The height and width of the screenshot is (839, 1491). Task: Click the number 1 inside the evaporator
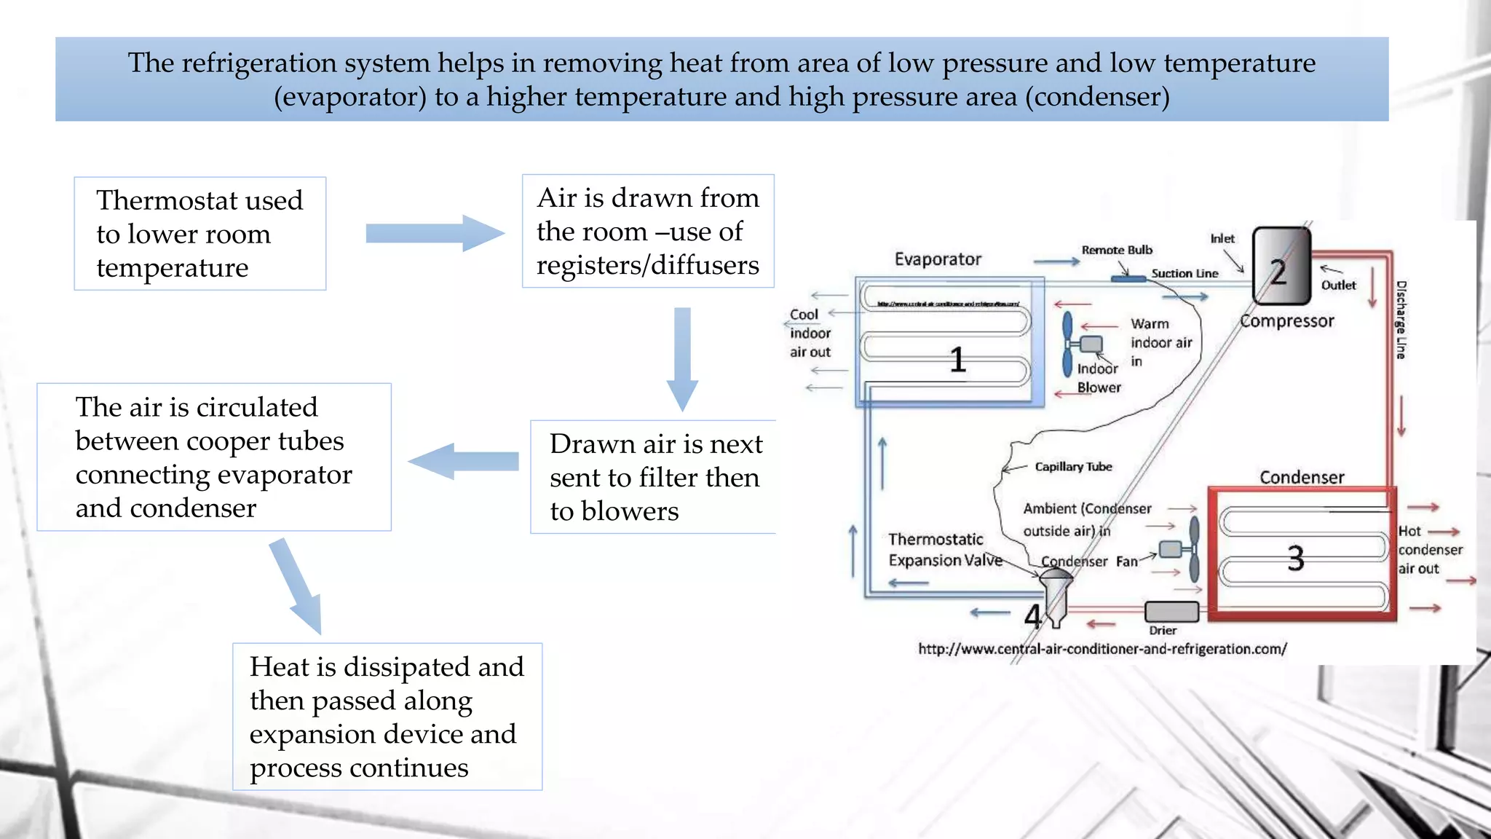click(957, 360)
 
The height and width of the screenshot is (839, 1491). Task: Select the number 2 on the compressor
click(1278, 272)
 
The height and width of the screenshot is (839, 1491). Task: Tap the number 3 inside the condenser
click(1295, 559)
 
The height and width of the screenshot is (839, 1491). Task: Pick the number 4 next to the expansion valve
click(1032, 616)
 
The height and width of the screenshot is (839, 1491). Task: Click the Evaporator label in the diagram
click(938, 259)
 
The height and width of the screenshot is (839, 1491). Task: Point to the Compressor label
click(1287, 321)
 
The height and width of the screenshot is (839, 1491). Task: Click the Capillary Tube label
click(1073, 467)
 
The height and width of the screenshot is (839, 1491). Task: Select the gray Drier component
click(1171, 612)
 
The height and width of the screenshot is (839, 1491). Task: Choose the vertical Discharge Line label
click(1401, 320)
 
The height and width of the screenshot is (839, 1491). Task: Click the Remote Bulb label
click(1117, 250)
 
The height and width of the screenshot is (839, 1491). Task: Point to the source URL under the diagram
click(1102, 649)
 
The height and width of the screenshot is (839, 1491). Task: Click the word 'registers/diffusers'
click(647, 265)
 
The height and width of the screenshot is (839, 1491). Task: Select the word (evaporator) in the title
click(350, 97)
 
